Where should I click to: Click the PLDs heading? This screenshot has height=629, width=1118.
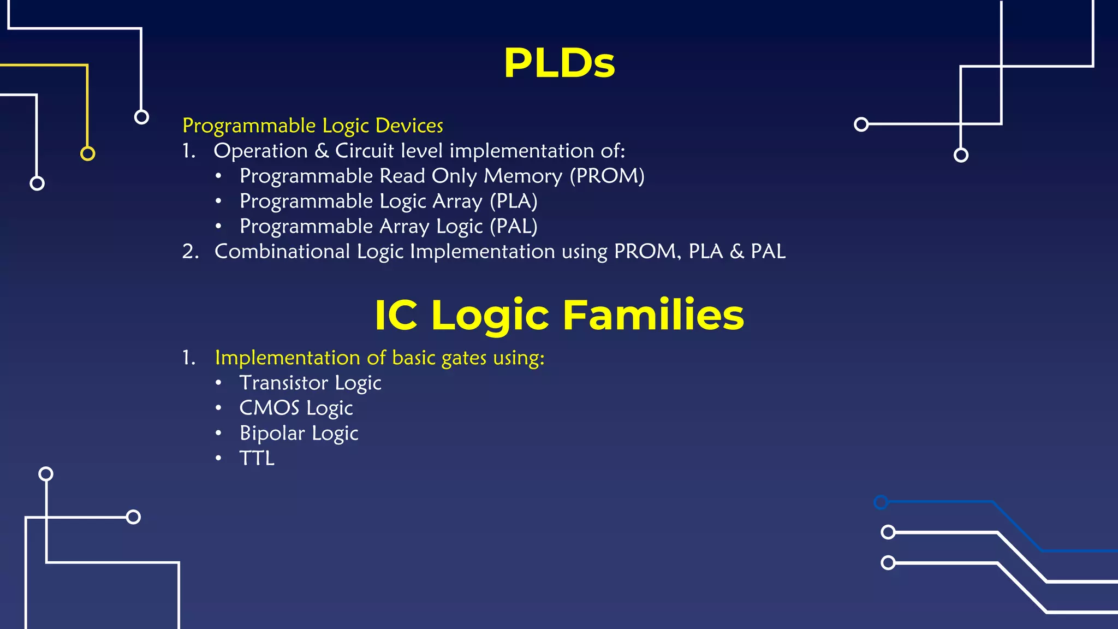[x=559, y=63]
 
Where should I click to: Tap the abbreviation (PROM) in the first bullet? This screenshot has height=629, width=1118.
[x=607, y=176]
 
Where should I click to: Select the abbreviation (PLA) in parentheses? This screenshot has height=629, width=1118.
[x=513, y=201]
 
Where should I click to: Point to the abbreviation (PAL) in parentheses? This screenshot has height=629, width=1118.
[x=513, y=226]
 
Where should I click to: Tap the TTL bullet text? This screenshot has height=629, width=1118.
[x=257, y=458]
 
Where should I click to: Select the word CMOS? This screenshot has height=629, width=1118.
[x=269, y=408]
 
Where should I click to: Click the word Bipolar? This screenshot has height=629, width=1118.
[x=272, y=433]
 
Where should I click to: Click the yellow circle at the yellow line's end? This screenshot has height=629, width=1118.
[x=87, y=153]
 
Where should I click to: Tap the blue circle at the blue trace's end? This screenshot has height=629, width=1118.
[x=881, y=502]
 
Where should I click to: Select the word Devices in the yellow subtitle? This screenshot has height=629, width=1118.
[x=409, y=126]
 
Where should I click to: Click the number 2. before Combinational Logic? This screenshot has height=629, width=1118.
[x=190, y=251]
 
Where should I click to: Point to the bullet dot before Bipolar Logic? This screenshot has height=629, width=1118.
[x=218, y=433]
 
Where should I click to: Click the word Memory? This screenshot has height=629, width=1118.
[x=522, y=176]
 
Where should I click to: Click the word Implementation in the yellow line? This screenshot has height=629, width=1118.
[x=287, y=358]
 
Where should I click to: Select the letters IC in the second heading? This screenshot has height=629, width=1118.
[x=396, y=315]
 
